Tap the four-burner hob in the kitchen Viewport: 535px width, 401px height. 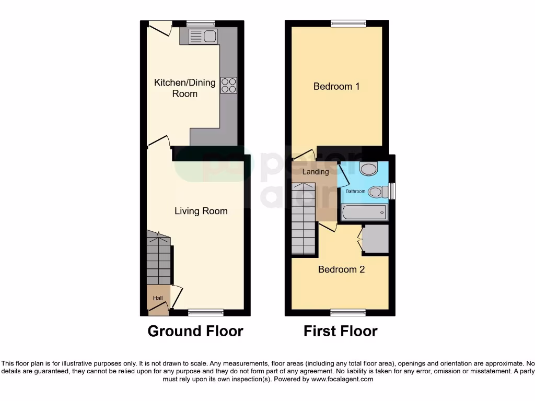(229, 85)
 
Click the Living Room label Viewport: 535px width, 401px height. (201, 211)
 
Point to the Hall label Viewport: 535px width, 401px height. (158, 298)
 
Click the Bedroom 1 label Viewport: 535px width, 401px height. (336, 86)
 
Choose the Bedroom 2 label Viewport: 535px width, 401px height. (341, 269)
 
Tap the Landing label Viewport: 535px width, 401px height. (316, 172)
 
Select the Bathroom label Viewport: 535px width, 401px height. (355, 192)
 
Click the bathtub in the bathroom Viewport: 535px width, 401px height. (365, 213)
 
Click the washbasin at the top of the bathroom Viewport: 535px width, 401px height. (369, 169)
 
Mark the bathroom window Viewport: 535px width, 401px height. (393, 191)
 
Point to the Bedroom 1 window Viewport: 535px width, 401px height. (348, 23)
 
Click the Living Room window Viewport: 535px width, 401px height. (206, 313)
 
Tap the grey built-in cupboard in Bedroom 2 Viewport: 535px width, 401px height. (375, 239)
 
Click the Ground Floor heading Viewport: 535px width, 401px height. (195, 331)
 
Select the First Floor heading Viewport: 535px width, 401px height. (340, 331)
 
